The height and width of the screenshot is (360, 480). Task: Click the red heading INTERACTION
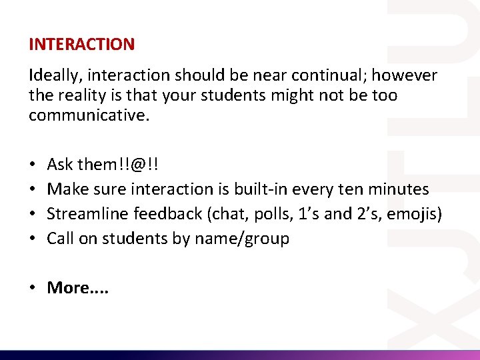click(81, 45)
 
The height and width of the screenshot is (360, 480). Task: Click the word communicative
click(89, 115)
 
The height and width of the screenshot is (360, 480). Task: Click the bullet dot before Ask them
click(32, 164)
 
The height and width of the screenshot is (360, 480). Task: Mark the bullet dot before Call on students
click(32, 239)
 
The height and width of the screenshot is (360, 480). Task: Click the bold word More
click(68, 287)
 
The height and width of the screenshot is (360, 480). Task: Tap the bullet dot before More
click(33, 287)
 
